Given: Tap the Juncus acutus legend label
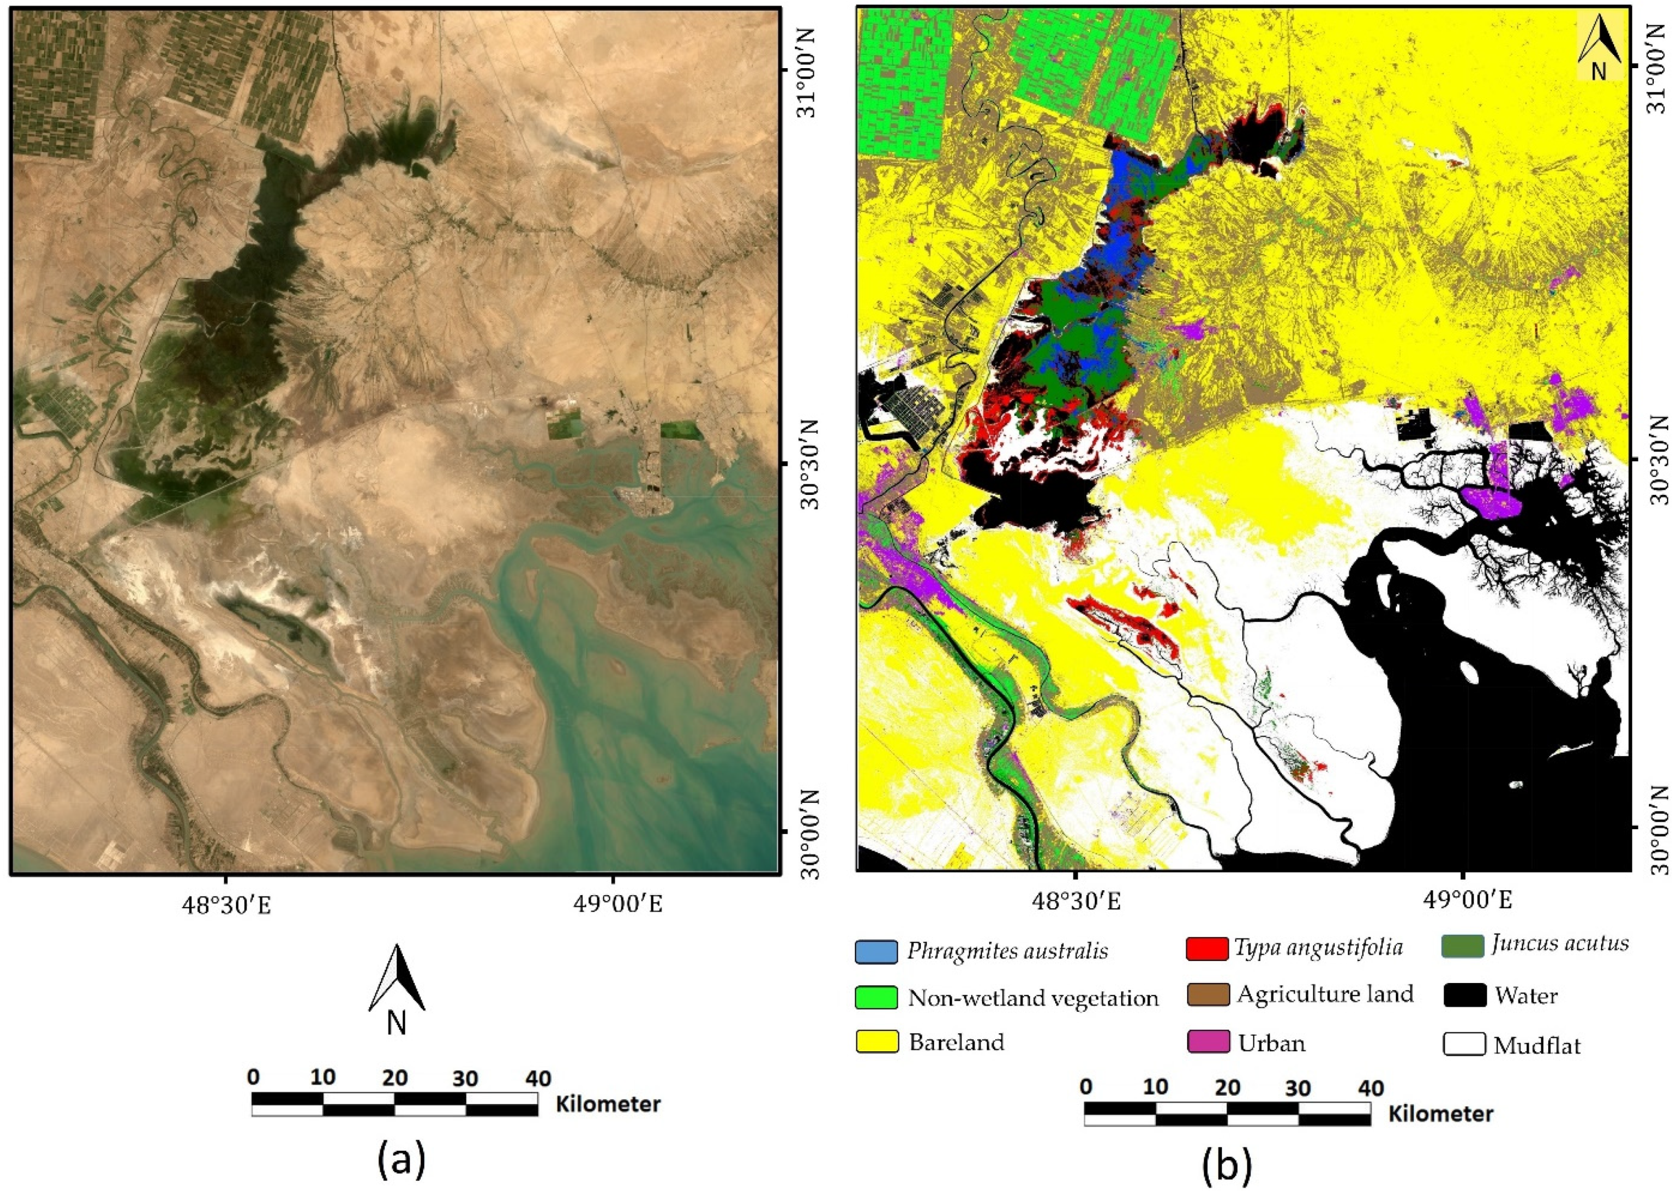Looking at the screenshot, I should click(x=1560, y=943).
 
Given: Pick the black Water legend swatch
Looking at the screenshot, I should click(x=1464, y=995).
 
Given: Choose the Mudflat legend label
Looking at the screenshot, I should click(x=1537, y=1046).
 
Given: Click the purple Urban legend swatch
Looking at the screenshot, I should click(x=1208, y=1042).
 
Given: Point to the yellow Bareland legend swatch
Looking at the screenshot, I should click(x=876, y=1042).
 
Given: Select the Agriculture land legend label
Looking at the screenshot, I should click(x=1324, y=994).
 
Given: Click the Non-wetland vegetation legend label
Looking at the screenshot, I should click(x=1033, y=998).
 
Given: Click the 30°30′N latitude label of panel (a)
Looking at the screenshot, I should click(x=805, y=462).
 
